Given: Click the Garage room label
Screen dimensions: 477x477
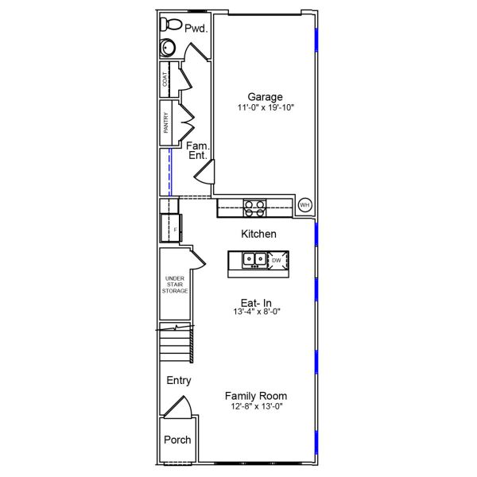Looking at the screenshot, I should (x=265, y=97).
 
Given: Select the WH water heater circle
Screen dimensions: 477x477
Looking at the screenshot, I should (x=304, y=206).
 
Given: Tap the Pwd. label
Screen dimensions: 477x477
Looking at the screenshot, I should (x=196, y=29).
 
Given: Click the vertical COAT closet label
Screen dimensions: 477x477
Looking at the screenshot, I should (x=165, y=79).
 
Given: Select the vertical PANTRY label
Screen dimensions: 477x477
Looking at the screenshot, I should (x=165, y=122).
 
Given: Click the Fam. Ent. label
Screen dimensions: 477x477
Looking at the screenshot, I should (x=197, y=150).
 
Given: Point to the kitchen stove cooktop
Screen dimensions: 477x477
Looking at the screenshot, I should (x=254, y=208).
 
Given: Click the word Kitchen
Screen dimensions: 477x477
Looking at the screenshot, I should (x=258, y=234).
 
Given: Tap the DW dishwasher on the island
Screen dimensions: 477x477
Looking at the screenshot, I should (x=277, y=261).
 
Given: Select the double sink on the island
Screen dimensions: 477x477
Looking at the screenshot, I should (x=254, y=259).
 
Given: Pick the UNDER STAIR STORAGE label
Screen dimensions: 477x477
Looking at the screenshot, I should (x=175, y=285).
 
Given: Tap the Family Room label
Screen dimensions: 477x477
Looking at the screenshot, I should (x=256, y=396).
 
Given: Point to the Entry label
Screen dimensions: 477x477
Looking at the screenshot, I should (x=179, y=381).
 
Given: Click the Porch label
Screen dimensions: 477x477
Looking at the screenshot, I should (x=177, y=440).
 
